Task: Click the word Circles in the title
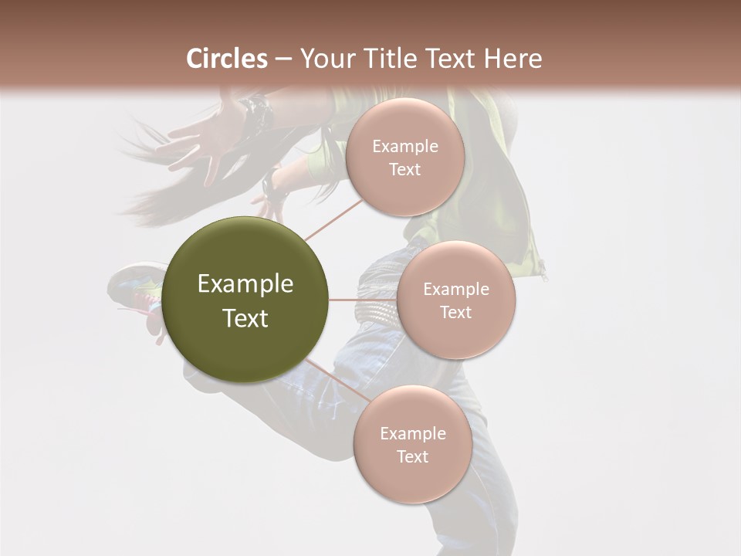click(226, 59)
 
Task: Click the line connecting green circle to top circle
click(333, 219)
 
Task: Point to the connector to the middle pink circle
click(363, 300)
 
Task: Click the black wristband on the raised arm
click(257, 113)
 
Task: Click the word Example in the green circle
click(245, 284)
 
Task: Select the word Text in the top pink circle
click(404, 170)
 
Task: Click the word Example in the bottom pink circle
click(412, 433)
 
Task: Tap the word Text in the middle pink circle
click(455, 312)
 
